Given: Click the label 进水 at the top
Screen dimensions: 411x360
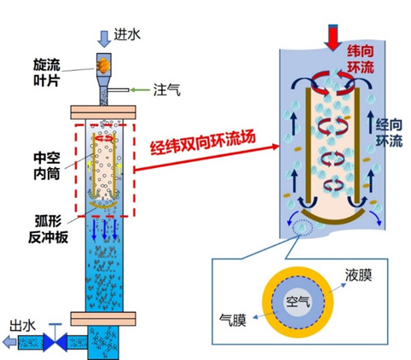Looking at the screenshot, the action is click(127, 35).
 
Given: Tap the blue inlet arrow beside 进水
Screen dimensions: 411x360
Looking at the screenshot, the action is click(104, 38).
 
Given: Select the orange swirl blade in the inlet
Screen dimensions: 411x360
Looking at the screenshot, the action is click(104, 65).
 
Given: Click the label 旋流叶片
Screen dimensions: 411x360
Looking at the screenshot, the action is click(47, 73).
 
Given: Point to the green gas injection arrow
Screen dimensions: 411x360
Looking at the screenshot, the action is click(140, 90).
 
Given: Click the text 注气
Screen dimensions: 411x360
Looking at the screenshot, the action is click(167, 90).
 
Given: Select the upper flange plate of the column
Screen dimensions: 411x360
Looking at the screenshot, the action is click(103, 113).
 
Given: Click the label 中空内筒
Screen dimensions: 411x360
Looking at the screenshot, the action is click(47, 166).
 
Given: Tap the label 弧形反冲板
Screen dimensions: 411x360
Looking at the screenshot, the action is click(49, 229).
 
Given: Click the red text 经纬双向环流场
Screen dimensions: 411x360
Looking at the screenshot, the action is click(203, 143).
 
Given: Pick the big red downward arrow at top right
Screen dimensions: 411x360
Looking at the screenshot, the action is click(333, 38).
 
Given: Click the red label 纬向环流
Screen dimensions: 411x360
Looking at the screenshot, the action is click(361, 59).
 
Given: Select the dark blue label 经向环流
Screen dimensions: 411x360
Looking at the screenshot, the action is click(390, 133).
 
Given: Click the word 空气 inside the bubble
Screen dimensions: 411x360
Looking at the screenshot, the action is click(298, 302).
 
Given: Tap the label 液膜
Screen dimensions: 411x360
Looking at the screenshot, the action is click(358, 275).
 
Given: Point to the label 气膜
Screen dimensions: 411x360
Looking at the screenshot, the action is click(233, 320).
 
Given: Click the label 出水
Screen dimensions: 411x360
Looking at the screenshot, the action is click(23, 326).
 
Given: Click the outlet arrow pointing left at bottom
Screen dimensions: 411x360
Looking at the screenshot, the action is click(9, 342).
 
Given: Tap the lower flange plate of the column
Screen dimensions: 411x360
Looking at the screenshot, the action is click(103, 319).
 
